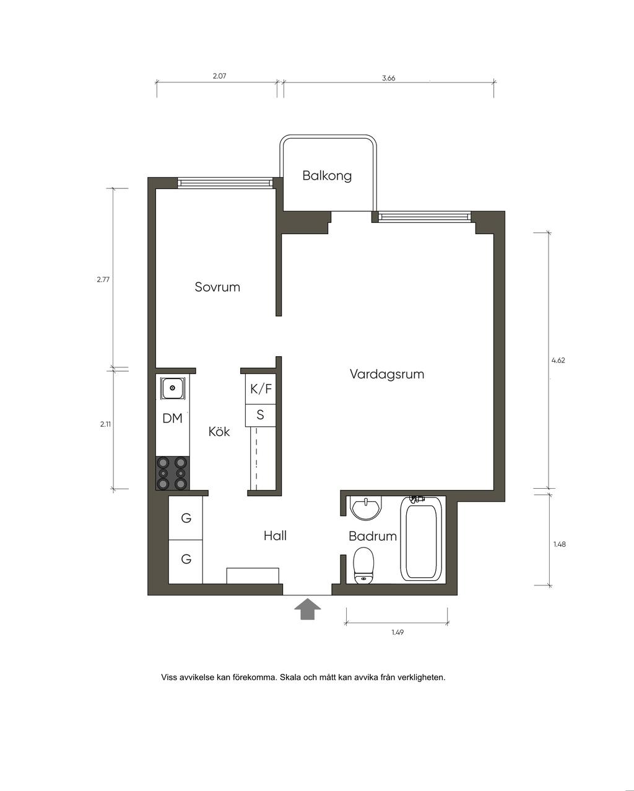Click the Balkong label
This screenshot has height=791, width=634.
click(327, 176)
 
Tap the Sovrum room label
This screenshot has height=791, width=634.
click(217, 287)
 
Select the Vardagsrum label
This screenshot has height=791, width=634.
click(386, 374)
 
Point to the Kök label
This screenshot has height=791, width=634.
click(219, 431)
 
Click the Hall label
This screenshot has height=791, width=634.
click(275, 536)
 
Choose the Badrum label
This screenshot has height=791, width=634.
click(372, 536)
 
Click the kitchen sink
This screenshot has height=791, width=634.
click(172, 388)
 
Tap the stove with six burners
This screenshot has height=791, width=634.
click(172, 473)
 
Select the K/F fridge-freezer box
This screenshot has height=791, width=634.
click(261, 388)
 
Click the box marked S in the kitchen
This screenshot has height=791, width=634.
click(261, 416)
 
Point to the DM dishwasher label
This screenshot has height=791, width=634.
click(172, 418)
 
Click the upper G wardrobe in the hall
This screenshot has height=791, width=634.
click(186, 518)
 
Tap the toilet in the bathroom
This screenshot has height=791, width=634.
click(363, 566)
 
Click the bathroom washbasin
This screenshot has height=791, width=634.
click(366, 508)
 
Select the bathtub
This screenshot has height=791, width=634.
click(421, 540)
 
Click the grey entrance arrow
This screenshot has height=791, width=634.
click(307, 609)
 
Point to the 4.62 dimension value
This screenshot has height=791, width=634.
click(558, 361)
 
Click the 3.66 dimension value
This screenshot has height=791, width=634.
click(388, 78)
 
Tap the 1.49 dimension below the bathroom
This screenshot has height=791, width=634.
click(397, 632)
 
